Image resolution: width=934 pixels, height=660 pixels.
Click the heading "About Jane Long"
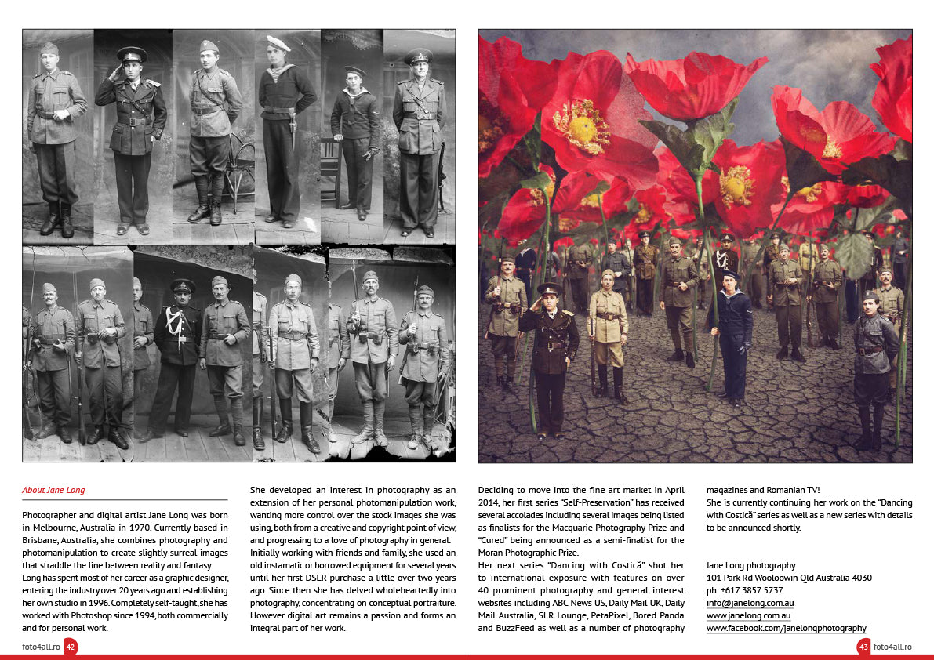coord(53,491)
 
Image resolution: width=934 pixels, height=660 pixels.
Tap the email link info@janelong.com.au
coord(750,603)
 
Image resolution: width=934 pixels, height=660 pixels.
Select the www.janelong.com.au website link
coord(748,615)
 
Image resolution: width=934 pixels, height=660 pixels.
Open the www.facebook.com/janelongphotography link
coord(786,628)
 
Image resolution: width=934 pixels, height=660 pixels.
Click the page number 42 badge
coord(71,647)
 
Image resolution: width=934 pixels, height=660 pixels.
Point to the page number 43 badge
coord(863,647)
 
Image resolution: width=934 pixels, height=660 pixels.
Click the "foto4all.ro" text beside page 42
coord(41,647)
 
